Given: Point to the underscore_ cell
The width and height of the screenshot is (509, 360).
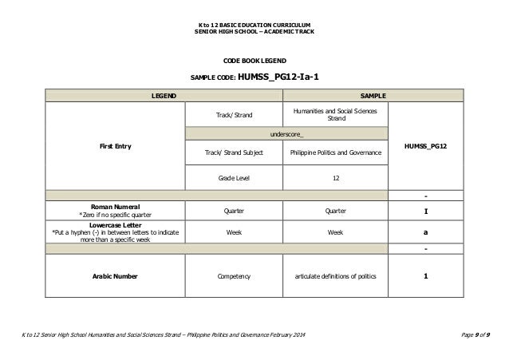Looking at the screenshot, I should [x=286, y=133].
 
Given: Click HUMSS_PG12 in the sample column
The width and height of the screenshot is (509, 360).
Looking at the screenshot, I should [x=424, y=147].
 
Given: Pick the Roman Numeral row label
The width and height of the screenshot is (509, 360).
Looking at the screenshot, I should [x=116, y=210].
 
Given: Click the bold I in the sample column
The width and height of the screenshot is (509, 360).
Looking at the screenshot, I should [x=424, y=212].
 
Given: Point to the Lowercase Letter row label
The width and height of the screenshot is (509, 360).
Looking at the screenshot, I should [x=116, y=231].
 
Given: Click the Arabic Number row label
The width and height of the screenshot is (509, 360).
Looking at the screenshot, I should [x=116, y=276].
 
